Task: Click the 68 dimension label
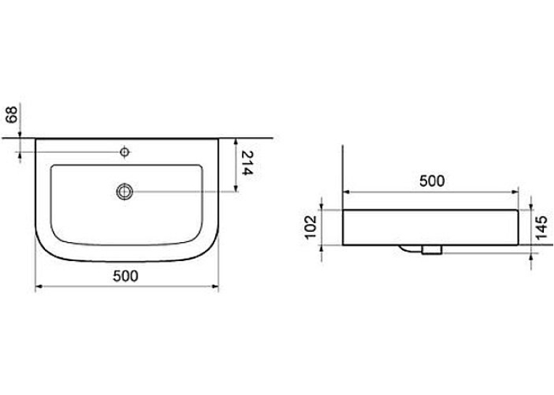(x=12, y=115)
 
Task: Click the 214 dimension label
(x=248, y=162)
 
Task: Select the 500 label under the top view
(x=125, y=276)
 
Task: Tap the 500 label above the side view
(x=432, y=181)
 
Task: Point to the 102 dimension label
(x=311, y=227)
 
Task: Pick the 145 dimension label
(x=541, y=228)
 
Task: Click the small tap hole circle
(x=125, y=152)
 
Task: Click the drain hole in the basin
(x=125, y=191)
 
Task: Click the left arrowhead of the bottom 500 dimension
(x=39, y=286)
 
